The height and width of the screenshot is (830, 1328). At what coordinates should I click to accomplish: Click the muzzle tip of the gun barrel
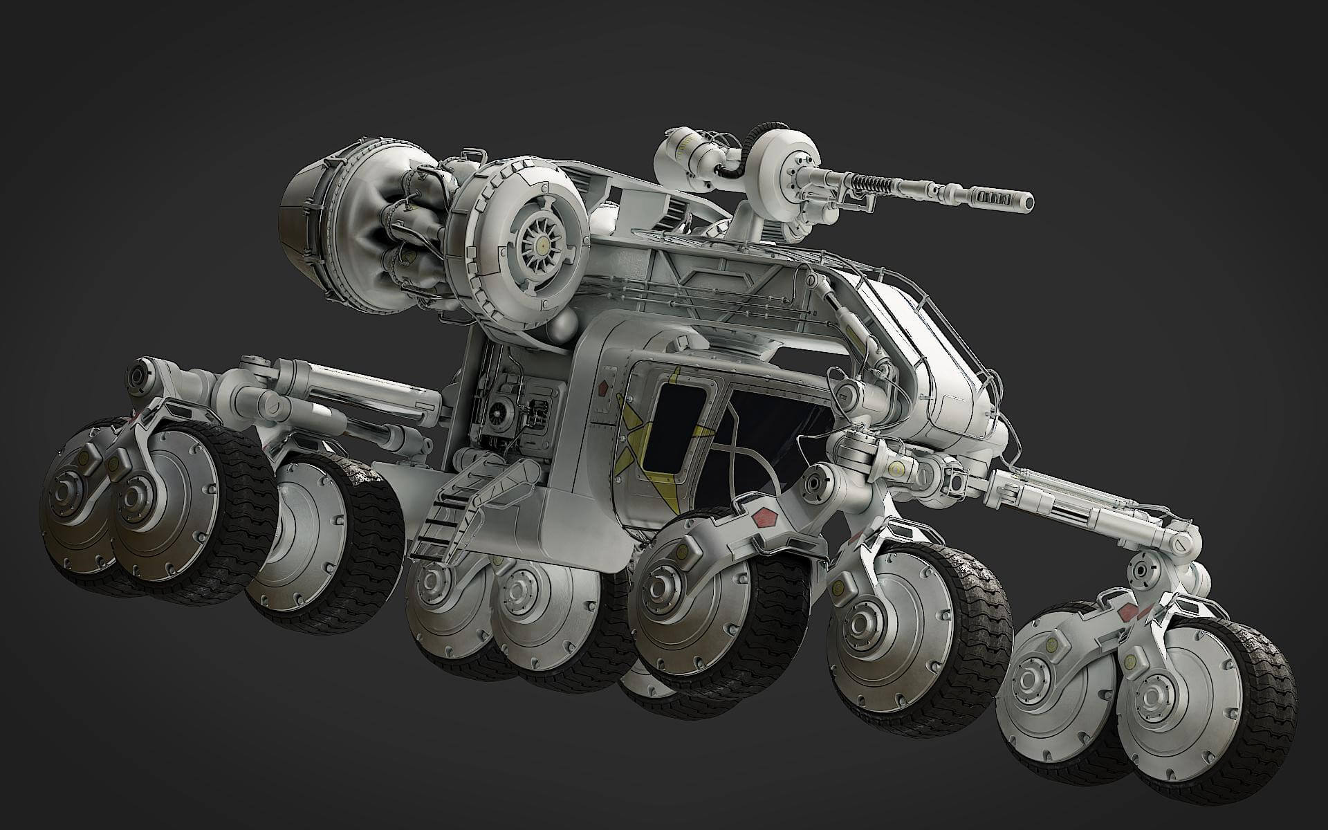click(1028, 202)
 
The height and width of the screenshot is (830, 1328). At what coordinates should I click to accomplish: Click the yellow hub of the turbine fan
click(544, 244)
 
